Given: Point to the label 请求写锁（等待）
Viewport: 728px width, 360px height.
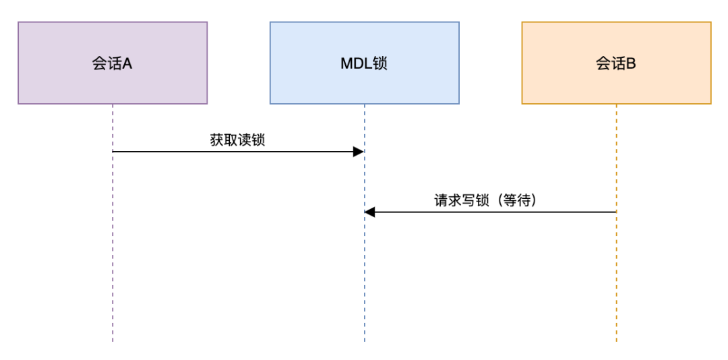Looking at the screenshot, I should [489, 200].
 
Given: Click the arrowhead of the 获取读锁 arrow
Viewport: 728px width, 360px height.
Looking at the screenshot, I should [359, 152].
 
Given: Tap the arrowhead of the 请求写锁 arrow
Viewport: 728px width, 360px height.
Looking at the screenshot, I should [369, 212].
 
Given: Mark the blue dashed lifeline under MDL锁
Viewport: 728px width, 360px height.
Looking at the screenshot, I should [365, 283].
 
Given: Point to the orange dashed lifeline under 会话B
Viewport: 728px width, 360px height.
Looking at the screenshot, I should [616, 283].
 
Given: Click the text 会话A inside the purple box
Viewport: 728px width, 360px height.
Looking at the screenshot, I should [112, 63].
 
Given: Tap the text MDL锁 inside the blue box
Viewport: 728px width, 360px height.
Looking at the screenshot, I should [364, 63].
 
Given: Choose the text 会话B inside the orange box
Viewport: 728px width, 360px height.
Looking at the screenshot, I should [616, 63].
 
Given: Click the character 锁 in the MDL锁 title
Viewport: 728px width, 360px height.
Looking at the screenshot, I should [380, 63].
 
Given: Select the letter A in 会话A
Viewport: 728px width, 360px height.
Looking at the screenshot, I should [127, 63].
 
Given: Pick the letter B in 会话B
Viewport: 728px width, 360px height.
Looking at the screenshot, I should [631, 63].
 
